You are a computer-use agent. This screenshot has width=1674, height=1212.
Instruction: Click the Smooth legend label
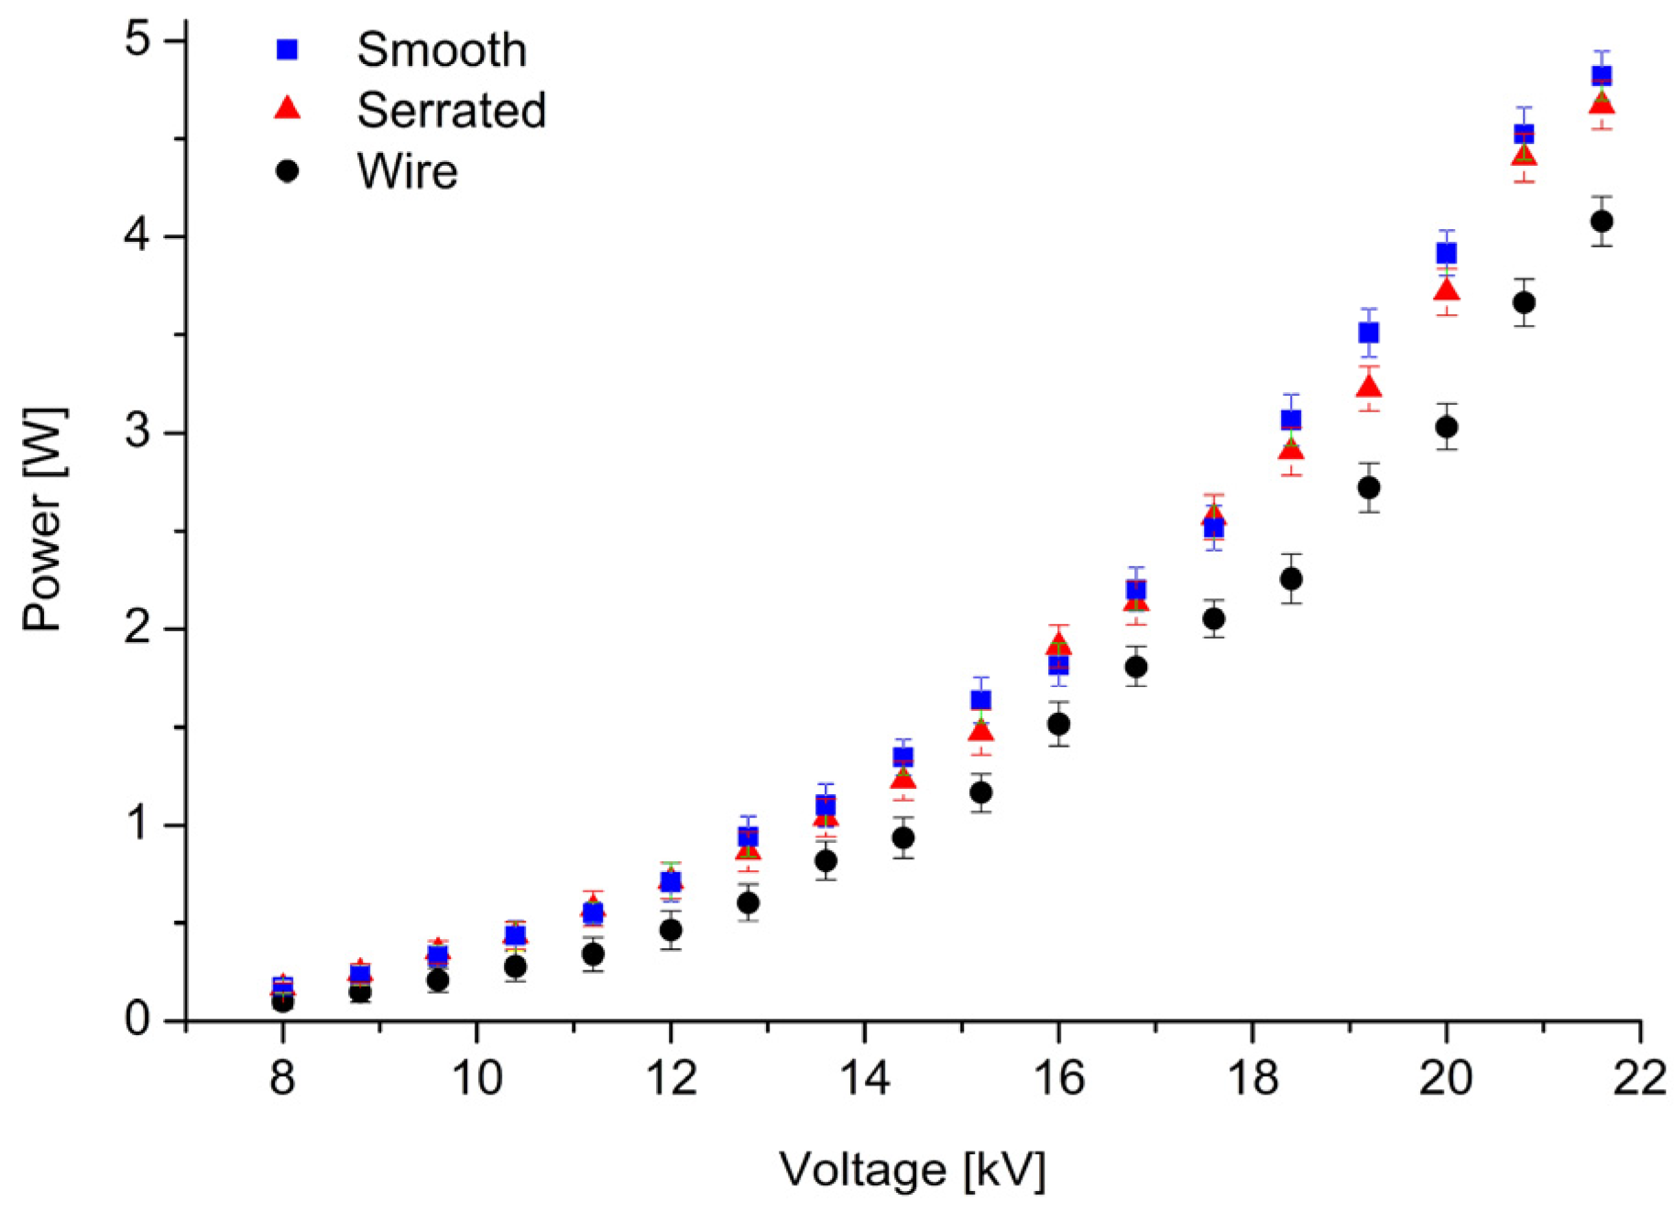click(441, 49)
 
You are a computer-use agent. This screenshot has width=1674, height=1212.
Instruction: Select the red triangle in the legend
click(288, 109)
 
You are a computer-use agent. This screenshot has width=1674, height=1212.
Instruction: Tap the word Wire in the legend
click(407, 171)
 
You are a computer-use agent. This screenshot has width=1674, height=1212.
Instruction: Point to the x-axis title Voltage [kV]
click(912, 1170)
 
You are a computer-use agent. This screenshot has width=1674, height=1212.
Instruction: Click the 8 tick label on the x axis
click(282, 1078)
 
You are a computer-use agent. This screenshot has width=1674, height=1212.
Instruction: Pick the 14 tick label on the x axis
click(863, 1078)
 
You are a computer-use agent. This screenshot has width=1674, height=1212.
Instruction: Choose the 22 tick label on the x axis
click(1639, 1078)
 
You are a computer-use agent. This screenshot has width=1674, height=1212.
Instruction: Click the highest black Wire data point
click(1602, 221)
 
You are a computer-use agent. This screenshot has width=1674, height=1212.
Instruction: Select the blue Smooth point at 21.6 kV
click(1602, 75)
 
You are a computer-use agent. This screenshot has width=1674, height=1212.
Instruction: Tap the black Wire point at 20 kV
click(1446, 427)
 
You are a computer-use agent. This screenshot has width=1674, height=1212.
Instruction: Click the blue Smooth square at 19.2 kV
click(1369, 333)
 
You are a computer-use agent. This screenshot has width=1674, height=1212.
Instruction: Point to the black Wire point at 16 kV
click(1058, 724)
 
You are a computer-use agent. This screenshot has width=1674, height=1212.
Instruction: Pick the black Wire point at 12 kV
click(671, 930)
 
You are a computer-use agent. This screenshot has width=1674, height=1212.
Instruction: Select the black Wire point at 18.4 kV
click(1291, 579)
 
